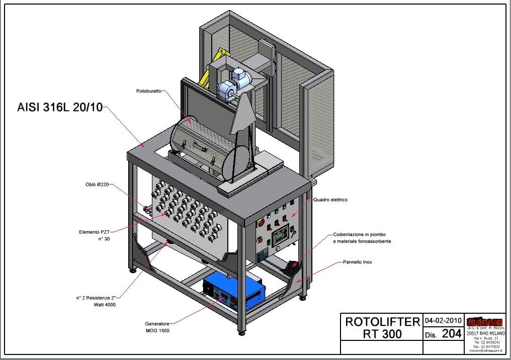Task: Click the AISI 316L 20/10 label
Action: point(60,108)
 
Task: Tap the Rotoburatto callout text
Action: point(148,91)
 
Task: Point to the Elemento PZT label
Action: point(94,232)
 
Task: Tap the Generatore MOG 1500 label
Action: point(157,327)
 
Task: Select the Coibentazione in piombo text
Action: point(362,235)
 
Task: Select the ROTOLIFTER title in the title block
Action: point(382,322)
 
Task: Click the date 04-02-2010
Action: point(443,320)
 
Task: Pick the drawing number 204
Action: point(451,333)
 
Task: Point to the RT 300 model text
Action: point(382,333)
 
